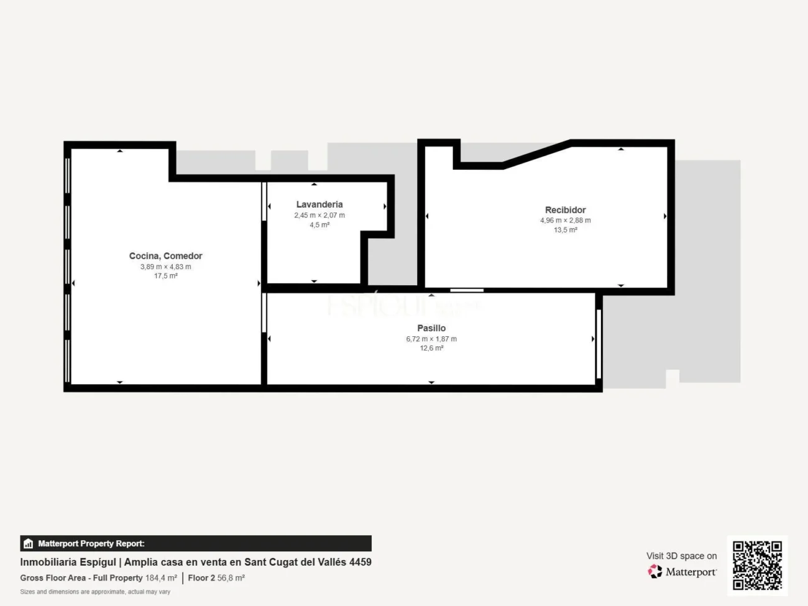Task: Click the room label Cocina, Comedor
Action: (x=165, y=256)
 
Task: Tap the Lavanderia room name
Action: (x=319, y=204)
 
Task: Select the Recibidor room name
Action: (x=565, y=210)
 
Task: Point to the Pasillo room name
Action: (x=431, y=328)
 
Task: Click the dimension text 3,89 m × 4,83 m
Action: (x=165, y=267)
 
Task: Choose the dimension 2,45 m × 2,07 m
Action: (x=319, y=215)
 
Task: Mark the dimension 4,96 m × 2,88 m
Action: (x=565, y=221)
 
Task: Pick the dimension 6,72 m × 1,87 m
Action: (x=431, y=339)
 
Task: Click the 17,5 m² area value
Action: (x=165, y=276)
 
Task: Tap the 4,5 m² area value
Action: (x=319, y=225)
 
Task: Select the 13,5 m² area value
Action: (x=565, y=230)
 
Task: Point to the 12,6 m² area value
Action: (x=431, y=348)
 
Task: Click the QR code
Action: (x=757, y=565)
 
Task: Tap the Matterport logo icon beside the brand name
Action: (x=655, y=571)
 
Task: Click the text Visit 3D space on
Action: (x=681, y=556)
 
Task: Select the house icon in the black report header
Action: (x=28, y=544)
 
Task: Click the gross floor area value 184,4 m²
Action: (x=161, y=578)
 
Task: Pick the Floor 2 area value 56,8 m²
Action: (x=231, y=578)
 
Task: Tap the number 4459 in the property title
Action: (x=360, y=562)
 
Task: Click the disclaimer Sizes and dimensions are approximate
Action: (x=95, y=592)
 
